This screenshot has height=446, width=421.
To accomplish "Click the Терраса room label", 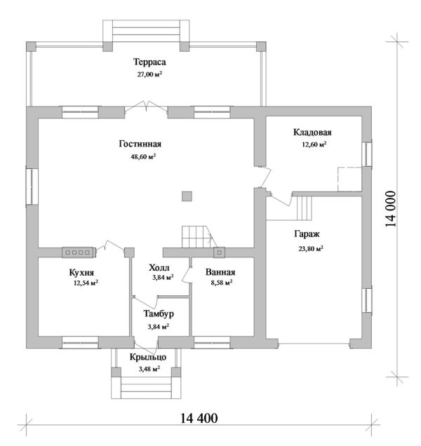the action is [149, 62].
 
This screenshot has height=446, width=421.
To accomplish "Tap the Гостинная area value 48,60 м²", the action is [143, 156].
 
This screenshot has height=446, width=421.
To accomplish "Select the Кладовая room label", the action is [312, 133].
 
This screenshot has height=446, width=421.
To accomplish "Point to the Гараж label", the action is [307, 234].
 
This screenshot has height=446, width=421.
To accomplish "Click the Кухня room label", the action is [81, 273].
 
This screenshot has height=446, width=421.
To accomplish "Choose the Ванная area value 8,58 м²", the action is [222, 283].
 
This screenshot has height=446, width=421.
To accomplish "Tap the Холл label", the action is [159, 268].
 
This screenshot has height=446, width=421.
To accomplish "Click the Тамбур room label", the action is [159, 313].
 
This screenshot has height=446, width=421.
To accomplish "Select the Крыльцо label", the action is [148, 357].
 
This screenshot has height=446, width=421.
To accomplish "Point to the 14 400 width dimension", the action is [199, 418].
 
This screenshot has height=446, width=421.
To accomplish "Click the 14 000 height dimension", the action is [391, 208].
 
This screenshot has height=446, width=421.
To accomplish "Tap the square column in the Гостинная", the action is [187, 196].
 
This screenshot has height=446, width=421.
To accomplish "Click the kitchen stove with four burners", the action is [79, 252].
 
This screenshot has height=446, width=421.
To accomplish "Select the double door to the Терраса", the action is [147, 106].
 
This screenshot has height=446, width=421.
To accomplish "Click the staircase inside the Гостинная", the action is [199, 236].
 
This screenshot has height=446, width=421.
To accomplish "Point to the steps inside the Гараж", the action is [305, 208].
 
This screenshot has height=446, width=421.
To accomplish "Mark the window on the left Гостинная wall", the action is [32, 187].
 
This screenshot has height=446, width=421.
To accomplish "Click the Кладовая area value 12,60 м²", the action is [314, 144].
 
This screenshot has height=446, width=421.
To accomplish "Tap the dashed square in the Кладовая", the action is [349, 180].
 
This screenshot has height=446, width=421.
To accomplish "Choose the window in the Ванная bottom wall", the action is [212, 343].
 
